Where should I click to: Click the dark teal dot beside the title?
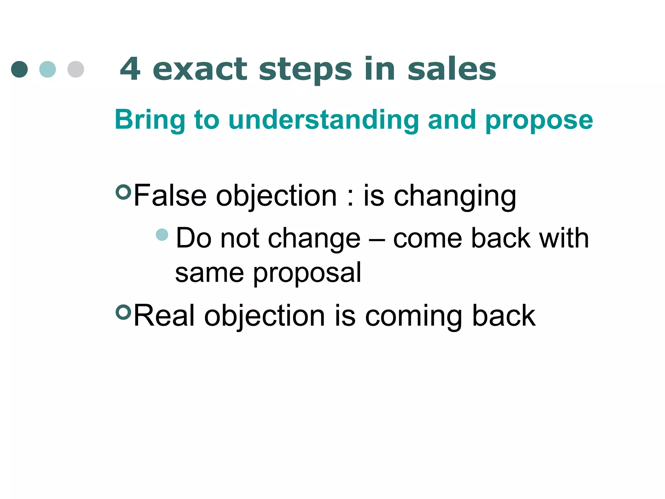[x=19, y=69]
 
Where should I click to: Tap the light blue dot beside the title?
[x=47, y=69]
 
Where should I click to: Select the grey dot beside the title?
[x=76, y=69]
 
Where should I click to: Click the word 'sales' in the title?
[x=452, y=69]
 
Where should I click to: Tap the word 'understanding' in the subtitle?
[x=324, y=120]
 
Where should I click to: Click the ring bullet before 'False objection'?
[x=123, y=192]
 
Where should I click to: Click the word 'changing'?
[x=455, y=197]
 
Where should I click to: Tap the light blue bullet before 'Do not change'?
[x=162, y=235]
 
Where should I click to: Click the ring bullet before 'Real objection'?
[x=123, y=312]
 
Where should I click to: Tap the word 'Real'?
[x=164, y=315]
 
